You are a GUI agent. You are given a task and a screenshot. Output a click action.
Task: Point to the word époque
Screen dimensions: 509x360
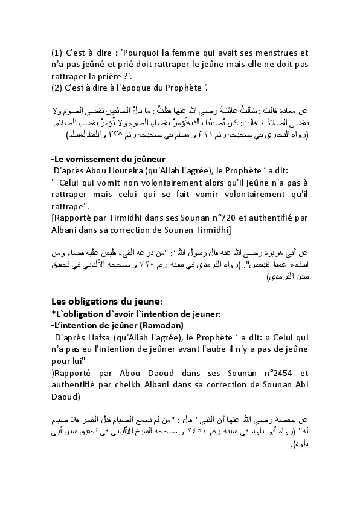point(152,88)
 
